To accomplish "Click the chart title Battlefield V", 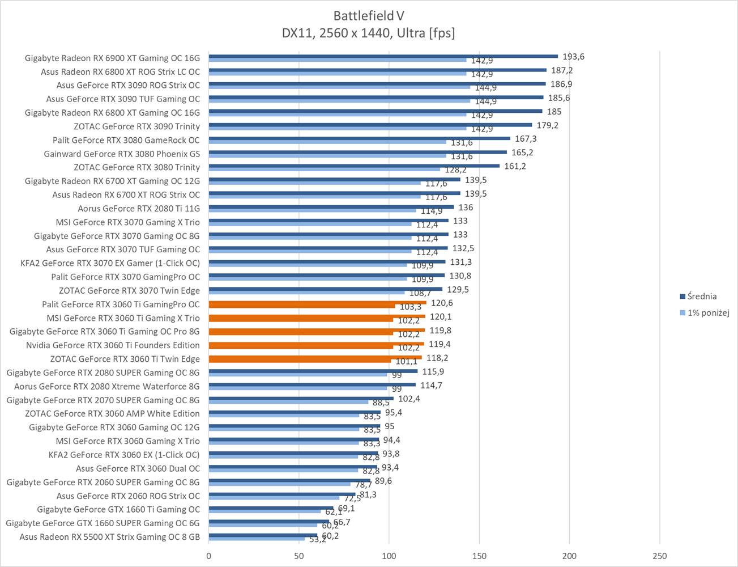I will [368, 15].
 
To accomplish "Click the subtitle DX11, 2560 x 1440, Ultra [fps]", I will [368, 33].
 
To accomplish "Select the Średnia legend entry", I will [701, 296].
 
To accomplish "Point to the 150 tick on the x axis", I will [479, 556].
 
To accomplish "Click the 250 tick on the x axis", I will [659, 556].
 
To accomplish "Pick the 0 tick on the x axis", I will [209, 556].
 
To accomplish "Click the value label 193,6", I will [573, 57].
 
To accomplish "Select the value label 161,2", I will [515, 166].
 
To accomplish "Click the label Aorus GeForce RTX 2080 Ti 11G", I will [139, 208].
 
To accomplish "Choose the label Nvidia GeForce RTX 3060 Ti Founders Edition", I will [113, 345].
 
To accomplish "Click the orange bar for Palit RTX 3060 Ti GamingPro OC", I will [317, 303].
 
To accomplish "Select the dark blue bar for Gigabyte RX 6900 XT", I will [383, 56].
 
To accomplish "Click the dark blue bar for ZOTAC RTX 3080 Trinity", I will [354, 166].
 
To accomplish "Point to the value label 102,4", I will [409, 399].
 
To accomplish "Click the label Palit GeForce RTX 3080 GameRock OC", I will [126, 140].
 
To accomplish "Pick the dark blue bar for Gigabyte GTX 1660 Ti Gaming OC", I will [271, 508].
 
